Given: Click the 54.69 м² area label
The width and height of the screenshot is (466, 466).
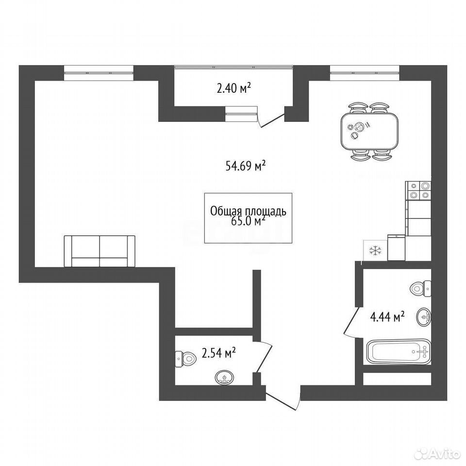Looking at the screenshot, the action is point(246,166).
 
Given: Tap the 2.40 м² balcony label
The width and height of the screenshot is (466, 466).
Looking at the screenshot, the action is point(234,88).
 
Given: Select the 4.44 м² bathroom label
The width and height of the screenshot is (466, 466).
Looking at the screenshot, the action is point(387,317).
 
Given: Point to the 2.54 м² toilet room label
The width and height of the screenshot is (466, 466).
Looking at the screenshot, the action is point(219,353).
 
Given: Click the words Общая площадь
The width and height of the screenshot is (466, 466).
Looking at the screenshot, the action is point(248,211).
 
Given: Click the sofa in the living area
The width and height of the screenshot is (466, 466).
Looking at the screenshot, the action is point(100,251).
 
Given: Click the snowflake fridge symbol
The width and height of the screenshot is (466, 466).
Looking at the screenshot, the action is point(376,250).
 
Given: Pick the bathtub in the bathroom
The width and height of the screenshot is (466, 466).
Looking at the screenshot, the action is point(399,352).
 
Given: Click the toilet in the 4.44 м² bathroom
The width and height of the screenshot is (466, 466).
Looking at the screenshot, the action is point(420,288).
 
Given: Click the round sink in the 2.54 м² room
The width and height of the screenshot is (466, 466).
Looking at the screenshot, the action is point(224,378).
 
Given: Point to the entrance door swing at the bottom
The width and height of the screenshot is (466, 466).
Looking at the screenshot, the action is point(283,398).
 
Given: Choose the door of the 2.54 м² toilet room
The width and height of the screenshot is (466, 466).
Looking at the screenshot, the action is point(263,356).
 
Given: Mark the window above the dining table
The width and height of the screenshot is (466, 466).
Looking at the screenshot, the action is point(365,73).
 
